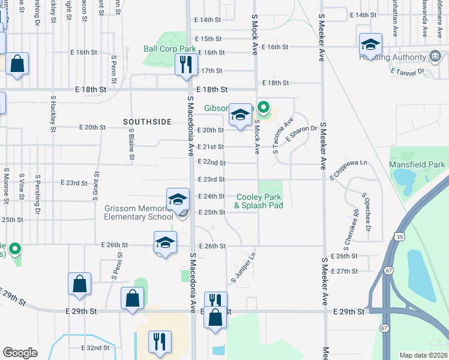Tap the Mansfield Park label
tap(417, 164)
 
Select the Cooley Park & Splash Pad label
tap(259, 201)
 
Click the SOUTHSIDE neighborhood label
tap(147, 122)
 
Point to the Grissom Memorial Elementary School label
tap(139, 212)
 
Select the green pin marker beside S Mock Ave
tap(262, 108)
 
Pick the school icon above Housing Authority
tap(370, 44)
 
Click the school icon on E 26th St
tap(165, 242)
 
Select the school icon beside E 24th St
tap(178, 200)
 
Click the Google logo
tap(20, 353)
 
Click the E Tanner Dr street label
tap(407, 71)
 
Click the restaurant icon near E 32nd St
tap(160, 341)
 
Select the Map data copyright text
tap(423, 355)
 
